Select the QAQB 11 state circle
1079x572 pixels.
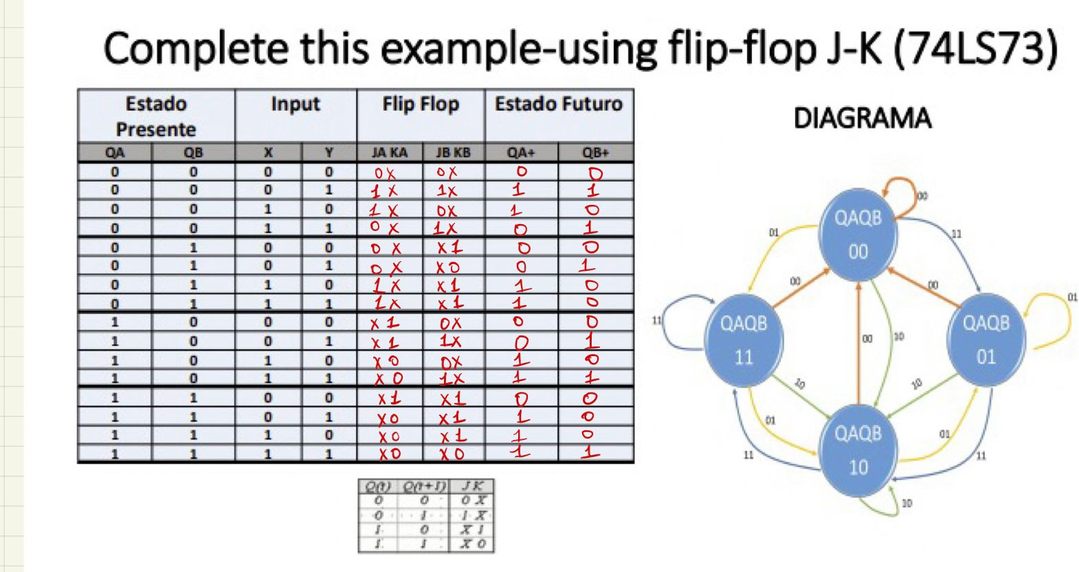pyautogui.click(x=744, y=340)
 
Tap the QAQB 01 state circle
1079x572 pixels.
pyautogui.click(x=986, y=340)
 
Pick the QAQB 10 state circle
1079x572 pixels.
pyautogui.click(x=858, y=450)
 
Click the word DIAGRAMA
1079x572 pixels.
pyautogui.click(x=862, y=118)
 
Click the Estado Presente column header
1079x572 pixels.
pyautogui.click(x=156, y=116)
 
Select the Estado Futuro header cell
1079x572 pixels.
pyautogui.click(x=558, y=104)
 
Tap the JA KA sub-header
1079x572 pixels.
pyautogui.click(x=389, y=153)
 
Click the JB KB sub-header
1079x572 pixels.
pyautogui.click(x=453, y=153)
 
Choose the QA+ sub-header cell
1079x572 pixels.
pyautogui.click(x=521, y=153)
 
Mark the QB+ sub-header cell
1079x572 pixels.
pyautogui.click(x=595, y=153)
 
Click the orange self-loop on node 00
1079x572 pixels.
pyautogui.click(x=900, y=187)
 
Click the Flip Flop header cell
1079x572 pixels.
pyautogui.click(x=421, y=104)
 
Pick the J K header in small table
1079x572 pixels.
pyautogui.click(x=473, y=486)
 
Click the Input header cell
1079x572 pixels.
pyautogui.click(x=296, y=104)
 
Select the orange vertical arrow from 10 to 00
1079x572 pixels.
pyautogui.click(x=858, y=344)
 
